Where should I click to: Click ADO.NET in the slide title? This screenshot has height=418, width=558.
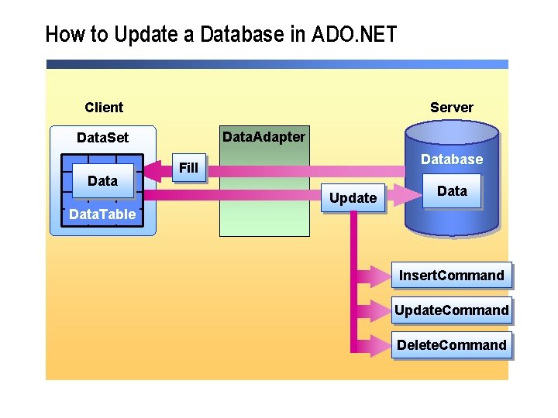point(355,35)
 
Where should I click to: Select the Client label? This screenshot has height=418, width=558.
point(104,108)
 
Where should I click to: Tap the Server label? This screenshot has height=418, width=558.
point(451,108)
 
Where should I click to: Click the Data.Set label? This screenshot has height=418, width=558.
point(102,138)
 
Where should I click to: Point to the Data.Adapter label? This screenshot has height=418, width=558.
point(263,137)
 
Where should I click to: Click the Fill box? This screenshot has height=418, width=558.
point(188,168)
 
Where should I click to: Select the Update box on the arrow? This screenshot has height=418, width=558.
point(353,198)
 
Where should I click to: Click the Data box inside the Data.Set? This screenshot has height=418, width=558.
point(102,181)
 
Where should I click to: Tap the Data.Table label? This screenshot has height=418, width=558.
point(102,214)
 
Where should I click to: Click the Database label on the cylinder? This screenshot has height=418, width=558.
point(451,159)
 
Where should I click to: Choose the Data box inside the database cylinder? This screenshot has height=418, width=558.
point(452,191)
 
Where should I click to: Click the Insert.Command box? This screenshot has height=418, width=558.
point(451,276)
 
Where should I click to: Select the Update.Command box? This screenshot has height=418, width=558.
point(451,311)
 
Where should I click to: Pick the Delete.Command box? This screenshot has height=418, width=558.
point(451,345)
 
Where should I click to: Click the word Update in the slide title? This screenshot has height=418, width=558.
point(143,35)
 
